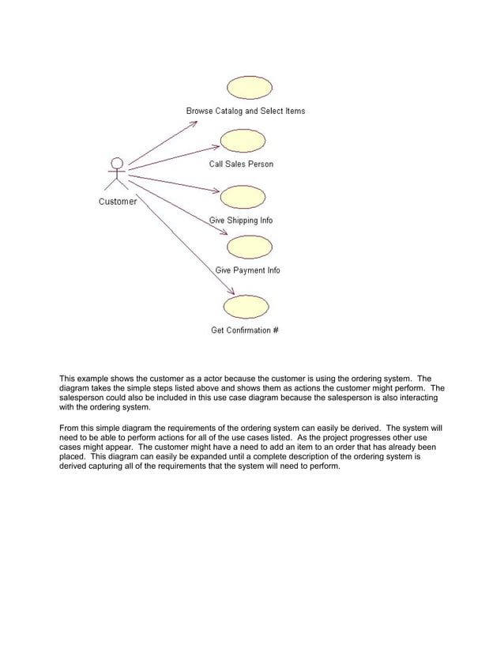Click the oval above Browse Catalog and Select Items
coord(250,87)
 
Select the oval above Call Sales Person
coord(242,141)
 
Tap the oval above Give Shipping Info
coord(242,196)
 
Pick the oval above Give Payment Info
coord(250,247)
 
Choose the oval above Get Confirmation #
coord(246,306)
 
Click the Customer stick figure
coord(117,174)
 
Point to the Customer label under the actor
coord(118,202)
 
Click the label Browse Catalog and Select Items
coord(246,111)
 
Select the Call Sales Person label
coord(241,164)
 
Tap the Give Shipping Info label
coord(241,221)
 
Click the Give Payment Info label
coord(248,270)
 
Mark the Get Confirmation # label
coord(244,330)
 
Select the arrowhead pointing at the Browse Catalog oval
coord(194,124)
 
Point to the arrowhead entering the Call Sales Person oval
coord(214,146)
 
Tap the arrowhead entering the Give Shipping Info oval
coord(215,191)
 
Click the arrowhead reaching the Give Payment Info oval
coord(224,232)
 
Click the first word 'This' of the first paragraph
coord(69,378)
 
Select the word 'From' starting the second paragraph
coord(70,428)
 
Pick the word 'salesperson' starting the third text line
coord(82,398)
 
